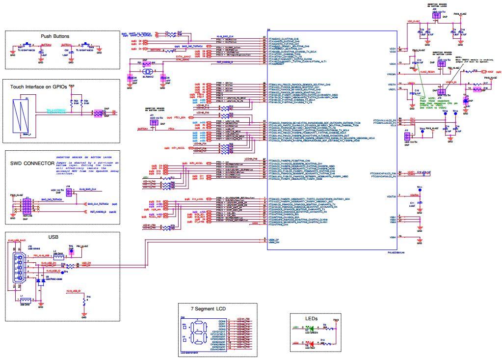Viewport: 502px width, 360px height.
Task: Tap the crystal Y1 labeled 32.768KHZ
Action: [x=146, y=73]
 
